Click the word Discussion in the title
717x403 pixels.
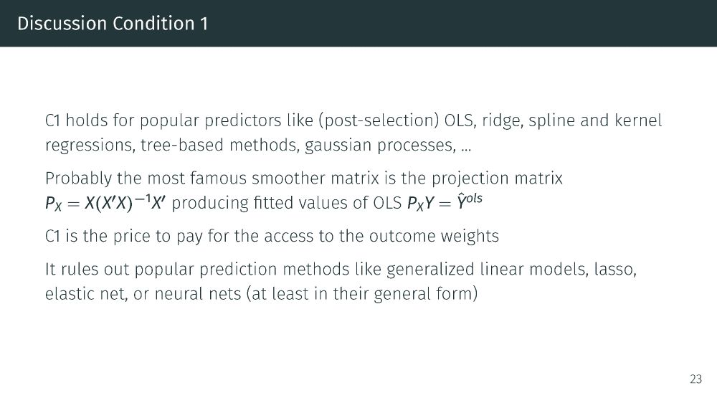point(62,24)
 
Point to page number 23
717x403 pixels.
point(696,379)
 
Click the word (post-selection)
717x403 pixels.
point(379,120)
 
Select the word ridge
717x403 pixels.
point(503,121)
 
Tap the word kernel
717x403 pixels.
point(638,120)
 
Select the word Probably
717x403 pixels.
point(78,179)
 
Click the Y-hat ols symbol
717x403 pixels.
point(470,201)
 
